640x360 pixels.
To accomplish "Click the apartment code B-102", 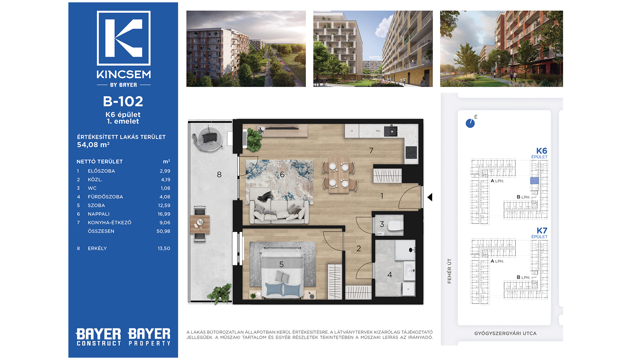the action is point(123,101).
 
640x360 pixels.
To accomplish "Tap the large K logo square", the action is point(124,38).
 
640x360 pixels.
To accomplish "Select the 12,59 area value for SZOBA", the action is point(164,205).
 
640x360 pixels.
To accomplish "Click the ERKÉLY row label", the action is point(97,248).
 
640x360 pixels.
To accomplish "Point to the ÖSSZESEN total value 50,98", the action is point(163,231).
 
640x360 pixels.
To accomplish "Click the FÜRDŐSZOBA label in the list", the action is point(105,197).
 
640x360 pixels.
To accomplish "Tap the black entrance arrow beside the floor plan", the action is point(430,197).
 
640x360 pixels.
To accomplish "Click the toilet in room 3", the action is point(395,225).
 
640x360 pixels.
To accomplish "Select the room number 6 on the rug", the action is point(282,174).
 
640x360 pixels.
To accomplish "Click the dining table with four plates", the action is point(339,175).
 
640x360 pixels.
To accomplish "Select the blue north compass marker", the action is point(470,123).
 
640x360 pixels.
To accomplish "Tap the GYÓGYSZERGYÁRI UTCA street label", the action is point(505,333).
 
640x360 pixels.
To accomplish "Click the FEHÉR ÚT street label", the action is point(449,271).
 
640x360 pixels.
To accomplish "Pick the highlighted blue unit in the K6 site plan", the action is point(534,181).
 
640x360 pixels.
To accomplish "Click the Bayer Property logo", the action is point(149,337).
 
